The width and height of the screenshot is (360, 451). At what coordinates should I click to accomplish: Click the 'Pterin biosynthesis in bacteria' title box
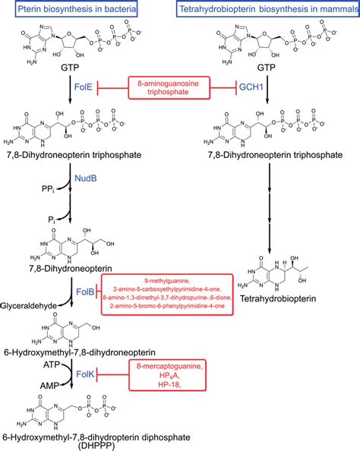point(87,10)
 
